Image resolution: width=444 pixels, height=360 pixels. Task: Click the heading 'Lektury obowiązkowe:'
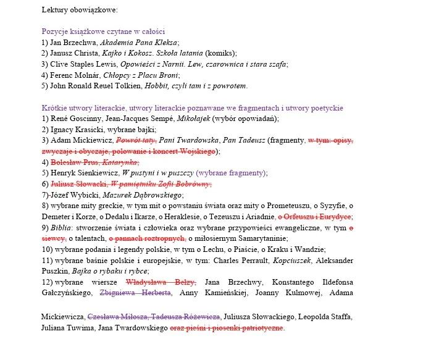(80, 10)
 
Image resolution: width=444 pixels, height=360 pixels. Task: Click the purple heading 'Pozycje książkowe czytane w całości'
(103, 31)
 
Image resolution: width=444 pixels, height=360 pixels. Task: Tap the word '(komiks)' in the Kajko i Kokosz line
(220, 53)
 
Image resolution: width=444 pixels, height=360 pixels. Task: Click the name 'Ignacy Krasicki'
(77, 130)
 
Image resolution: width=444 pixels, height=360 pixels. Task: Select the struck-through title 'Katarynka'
(120, 162)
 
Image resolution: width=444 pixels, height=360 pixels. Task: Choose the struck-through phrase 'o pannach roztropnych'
(147, 238)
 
